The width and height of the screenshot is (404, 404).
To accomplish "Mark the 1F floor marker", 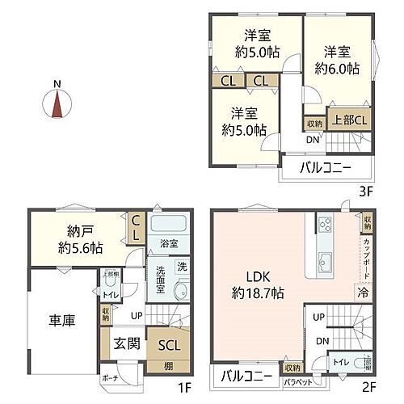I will pyautogui.click(x=183, y=386).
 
